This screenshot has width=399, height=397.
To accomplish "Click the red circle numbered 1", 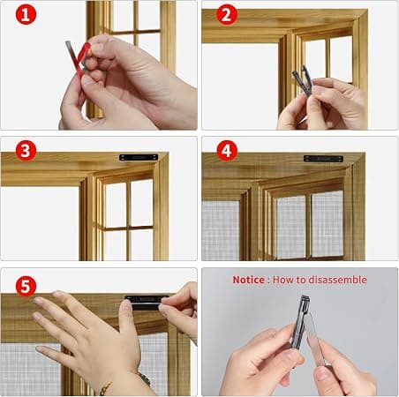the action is pos(26,14).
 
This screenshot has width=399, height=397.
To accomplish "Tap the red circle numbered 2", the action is pos(227,15).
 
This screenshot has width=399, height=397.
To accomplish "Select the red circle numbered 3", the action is pos(26,151).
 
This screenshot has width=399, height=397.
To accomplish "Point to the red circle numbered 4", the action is pos(227,151).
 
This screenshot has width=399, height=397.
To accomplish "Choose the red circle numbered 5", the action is pos(26,286).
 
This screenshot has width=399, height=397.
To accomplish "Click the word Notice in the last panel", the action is pos(248,280).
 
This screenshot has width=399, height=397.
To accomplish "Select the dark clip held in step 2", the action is pos(303,80).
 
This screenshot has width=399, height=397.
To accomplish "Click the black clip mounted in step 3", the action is pos(139,158).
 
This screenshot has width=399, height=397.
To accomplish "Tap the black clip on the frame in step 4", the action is pos(323,159).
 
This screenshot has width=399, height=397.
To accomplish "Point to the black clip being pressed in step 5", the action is pos(144,303).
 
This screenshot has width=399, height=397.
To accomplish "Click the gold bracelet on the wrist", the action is pos(126,382).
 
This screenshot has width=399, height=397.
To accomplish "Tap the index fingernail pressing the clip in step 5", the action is pos(126,304).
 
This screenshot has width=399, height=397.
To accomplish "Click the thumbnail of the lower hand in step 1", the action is pos(87,79).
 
